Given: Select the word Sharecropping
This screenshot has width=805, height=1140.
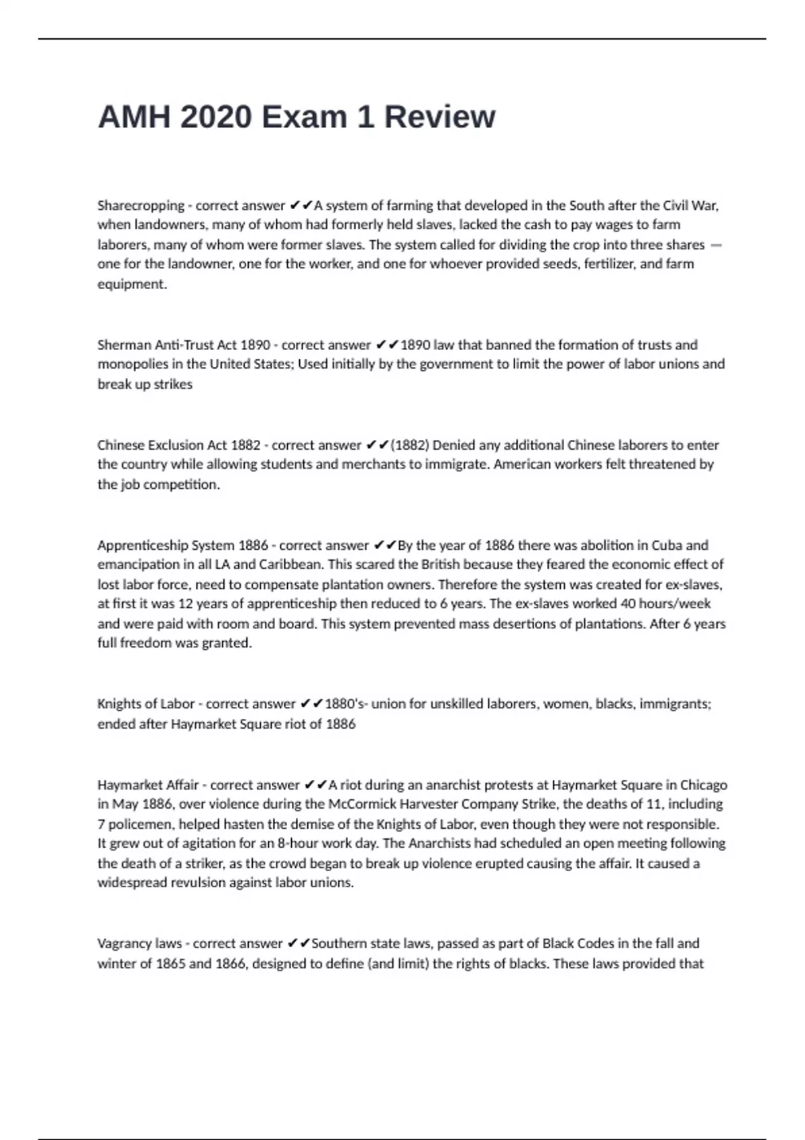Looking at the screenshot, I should coord(141,205).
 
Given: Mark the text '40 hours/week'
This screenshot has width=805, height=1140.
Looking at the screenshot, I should coord(665,604).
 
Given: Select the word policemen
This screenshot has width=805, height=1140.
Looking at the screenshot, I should coord(140,823).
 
